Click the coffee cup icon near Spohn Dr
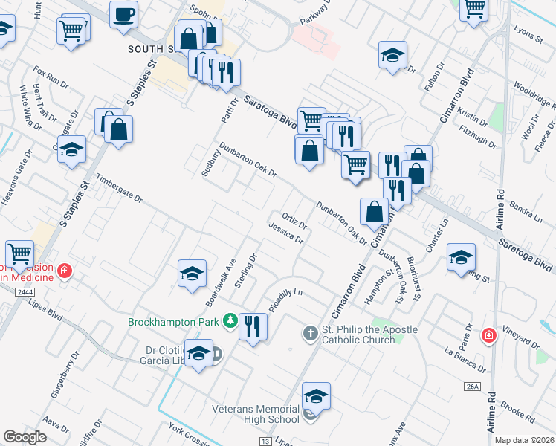(123, 14)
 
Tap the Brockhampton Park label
(174, 322)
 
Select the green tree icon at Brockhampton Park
(230, 321)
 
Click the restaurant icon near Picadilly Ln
(253, 326)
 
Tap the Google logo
(25, 437)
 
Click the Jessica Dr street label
(286, 233)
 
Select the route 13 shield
(265, 441)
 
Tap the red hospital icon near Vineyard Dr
(489, 336)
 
